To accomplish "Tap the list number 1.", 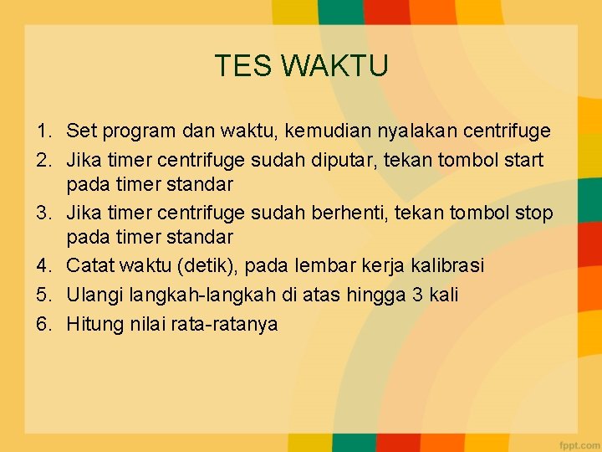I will point(43,131).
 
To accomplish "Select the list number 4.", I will point(43,265).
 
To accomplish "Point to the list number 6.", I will point(43,324).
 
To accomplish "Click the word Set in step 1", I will point(80,131).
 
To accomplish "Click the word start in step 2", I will point(523,159).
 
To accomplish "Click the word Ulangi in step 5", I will point(92,295).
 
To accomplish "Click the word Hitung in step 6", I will point(94,324).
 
